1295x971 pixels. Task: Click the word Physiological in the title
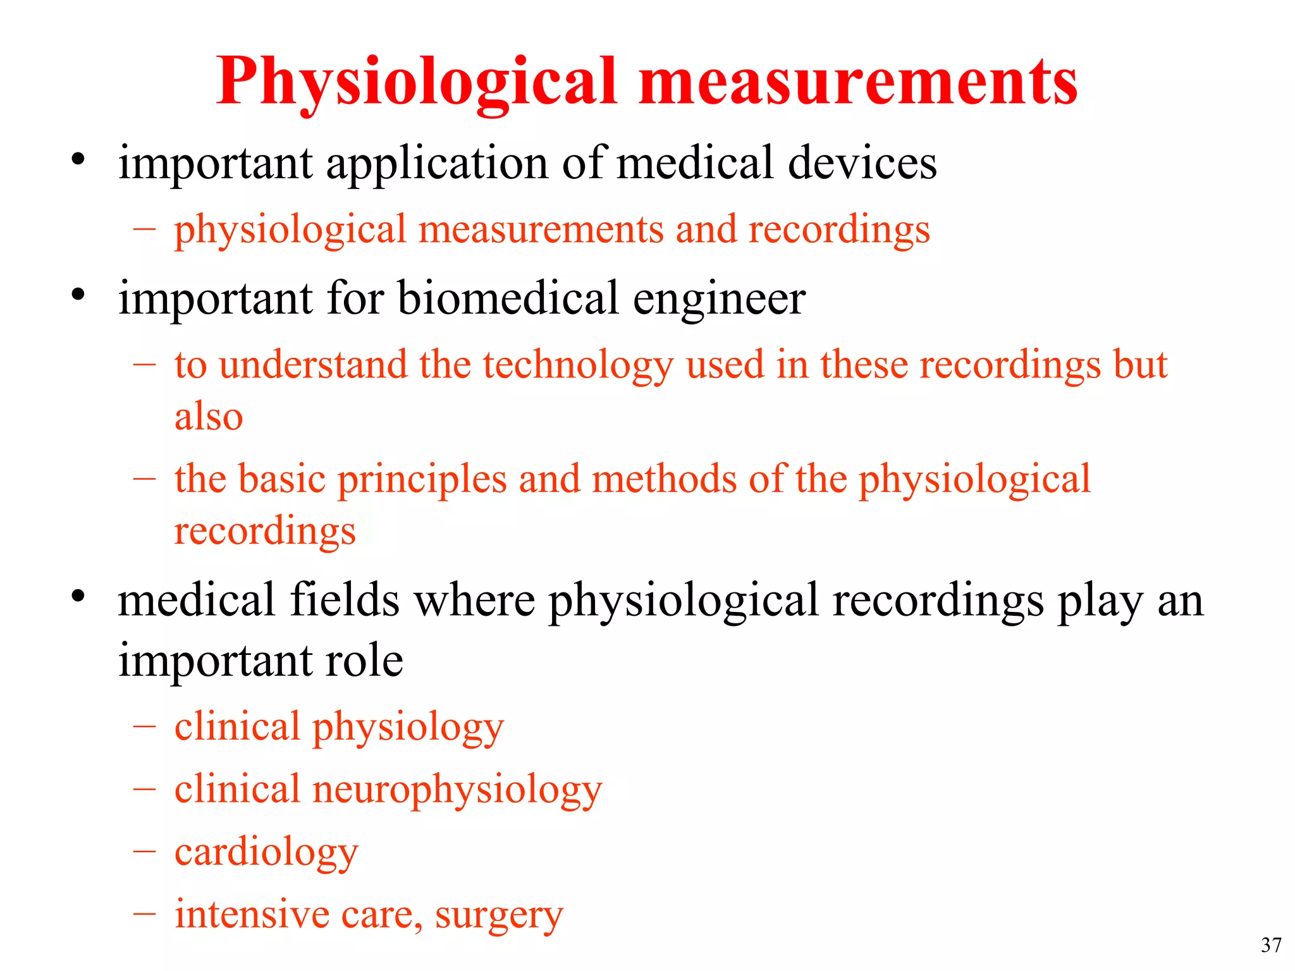click(x=416, y=82)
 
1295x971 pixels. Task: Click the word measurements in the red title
click(x=858, y=82)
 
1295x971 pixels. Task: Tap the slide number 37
click(x=1271, y=945)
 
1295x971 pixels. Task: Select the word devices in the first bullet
click(x=862, y=163)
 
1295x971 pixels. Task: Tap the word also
click(x=209, y=417)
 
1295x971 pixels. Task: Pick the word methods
click(x=665, y=479)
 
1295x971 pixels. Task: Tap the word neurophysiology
click(x=457, y=791)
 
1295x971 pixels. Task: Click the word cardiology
click(x=266, y=853)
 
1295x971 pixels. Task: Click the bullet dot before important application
click(x=78, y=159)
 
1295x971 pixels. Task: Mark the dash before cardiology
click(x=144, y=851)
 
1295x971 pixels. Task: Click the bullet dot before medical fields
click(x=78, y=595)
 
